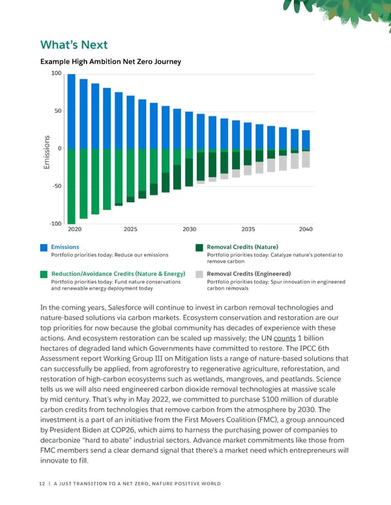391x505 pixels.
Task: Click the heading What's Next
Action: [x=74, y=45]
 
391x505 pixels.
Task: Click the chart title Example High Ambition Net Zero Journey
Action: [x=111, y=62]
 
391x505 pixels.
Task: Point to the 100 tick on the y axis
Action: [x=56, y=74]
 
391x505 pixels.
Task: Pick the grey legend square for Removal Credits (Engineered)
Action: [x=199, y=274]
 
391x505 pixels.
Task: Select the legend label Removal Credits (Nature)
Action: [x=242, y=247]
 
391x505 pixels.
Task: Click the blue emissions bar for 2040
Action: [x=306, y=140]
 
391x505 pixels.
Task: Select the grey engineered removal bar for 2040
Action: [x=306, y=159]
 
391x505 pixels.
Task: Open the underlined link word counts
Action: [x=285, y=338]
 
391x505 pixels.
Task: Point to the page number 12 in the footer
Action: [x=43, y=484]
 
